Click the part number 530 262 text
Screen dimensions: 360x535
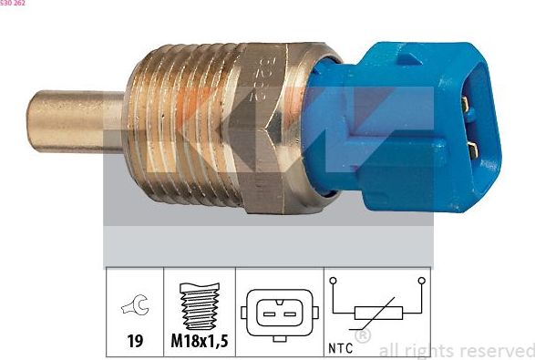(13, 4)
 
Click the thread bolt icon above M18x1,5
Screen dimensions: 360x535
(199, 308)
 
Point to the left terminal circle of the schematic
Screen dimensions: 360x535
(334, 281)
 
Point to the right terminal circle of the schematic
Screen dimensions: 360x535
(421, 281)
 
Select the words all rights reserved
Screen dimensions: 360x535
(456, 350)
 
